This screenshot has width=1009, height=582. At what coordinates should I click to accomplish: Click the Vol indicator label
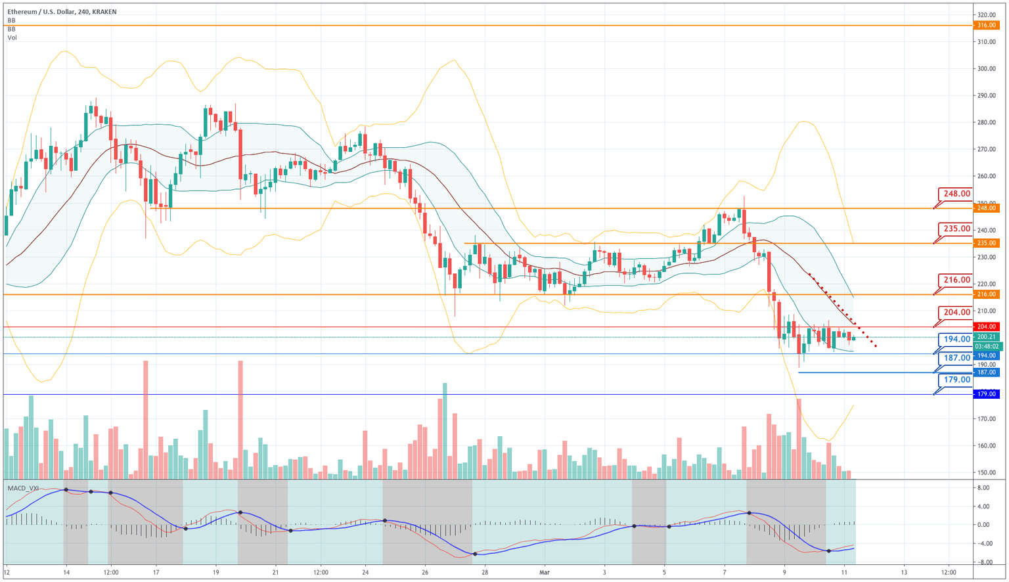[x=12, y=38]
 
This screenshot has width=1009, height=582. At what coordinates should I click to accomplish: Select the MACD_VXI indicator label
[x=23, y=488]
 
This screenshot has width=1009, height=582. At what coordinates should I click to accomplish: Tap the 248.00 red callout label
[x=956, y=194]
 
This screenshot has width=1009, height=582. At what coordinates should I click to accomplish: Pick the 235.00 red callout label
[x=956, y=229]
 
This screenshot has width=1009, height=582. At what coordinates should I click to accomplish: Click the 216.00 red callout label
[x=956, y=280]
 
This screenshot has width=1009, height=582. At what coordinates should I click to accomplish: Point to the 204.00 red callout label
[x=956, y=313]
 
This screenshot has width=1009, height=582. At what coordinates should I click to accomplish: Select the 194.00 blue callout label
[x=956, y=339]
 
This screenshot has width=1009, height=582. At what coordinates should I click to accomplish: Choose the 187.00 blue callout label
[x=956, y=358]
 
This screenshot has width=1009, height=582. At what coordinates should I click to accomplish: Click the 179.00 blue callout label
[x=956, y=380]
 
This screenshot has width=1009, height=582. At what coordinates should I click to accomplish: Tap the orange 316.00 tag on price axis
[x=986, y=25]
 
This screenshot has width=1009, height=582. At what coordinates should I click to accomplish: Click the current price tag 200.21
[x=987, y=337]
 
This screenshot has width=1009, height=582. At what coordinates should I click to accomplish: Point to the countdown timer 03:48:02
[x=987, y=346]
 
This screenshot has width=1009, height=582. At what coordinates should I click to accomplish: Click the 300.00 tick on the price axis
[x=986, y=68]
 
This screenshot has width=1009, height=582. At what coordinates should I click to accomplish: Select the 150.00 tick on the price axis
[x=986, y=472]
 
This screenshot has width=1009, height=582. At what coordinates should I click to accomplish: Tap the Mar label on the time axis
[x=544, y=572]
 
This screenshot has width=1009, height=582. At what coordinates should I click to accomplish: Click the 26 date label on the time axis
[x=424, y=572]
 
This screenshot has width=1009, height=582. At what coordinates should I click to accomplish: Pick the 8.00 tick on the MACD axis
[x=983, y=488]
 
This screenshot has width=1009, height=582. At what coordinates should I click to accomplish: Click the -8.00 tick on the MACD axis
[x=983, y=562]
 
